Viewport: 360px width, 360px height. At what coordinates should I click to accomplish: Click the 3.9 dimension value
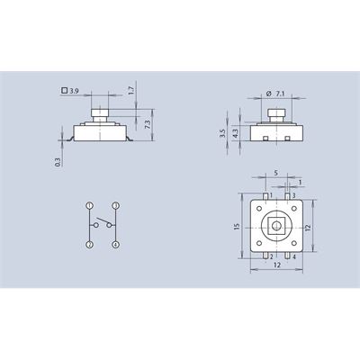pyautogui.click(x=74, y=91)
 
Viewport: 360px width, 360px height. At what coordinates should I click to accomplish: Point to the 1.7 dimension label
pyautogui.click(x=130, y=90)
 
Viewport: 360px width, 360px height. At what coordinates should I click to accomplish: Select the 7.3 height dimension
pyautogui.click(x=148, y=124)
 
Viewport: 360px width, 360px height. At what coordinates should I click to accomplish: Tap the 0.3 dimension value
pyautogui.click(x=58, y=162)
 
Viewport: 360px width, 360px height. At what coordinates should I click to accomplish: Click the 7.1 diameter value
pyautogui.click(x=280, y=94)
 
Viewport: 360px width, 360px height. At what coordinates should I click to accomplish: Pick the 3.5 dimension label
pyautogui.click(x=222, y=133)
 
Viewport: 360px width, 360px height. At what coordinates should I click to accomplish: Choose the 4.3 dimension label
pyautogui.click(x=236, y=133)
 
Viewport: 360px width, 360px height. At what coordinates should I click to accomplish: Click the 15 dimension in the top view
pyautogui.click(x=237, y=226)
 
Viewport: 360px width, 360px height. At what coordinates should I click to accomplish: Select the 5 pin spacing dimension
pyautogui.click(x=276, y=173)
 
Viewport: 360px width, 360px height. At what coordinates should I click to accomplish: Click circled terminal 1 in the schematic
pyautogui.click(x=89, y=206)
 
